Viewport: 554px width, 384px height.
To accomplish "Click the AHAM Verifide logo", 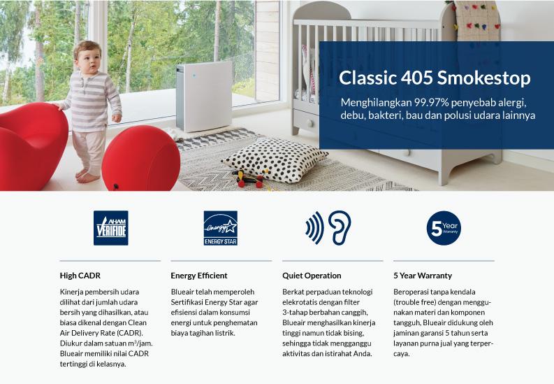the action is [110, 228].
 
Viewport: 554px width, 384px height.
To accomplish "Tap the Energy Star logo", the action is [221, 228].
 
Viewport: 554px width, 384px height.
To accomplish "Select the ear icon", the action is [340, 228].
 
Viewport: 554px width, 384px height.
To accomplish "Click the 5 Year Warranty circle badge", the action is [444, 228].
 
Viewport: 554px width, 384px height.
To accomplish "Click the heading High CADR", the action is [80, 276].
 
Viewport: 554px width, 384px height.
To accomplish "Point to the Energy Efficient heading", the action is [199, 276].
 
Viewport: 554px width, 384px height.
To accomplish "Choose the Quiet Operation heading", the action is [312, 276].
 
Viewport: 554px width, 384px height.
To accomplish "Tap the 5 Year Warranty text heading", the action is [423, 276].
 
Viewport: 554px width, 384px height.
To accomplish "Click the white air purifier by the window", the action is [204, 97].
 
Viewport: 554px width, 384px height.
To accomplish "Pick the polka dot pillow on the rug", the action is [275, 159].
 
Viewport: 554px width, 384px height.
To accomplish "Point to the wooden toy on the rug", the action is [250, 179].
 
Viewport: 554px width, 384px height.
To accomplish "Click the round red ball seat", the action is [141, 159].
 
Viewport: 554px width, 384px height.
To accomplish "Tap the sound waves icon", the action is [315, 228].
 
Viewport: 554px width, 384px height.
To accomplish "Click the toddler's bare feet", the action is [86, 176].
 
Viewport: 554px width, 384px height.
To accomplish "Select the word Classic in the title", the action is [367, 78].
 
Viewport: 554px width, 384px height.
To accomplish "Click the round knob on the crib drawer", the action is [309, 123].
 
